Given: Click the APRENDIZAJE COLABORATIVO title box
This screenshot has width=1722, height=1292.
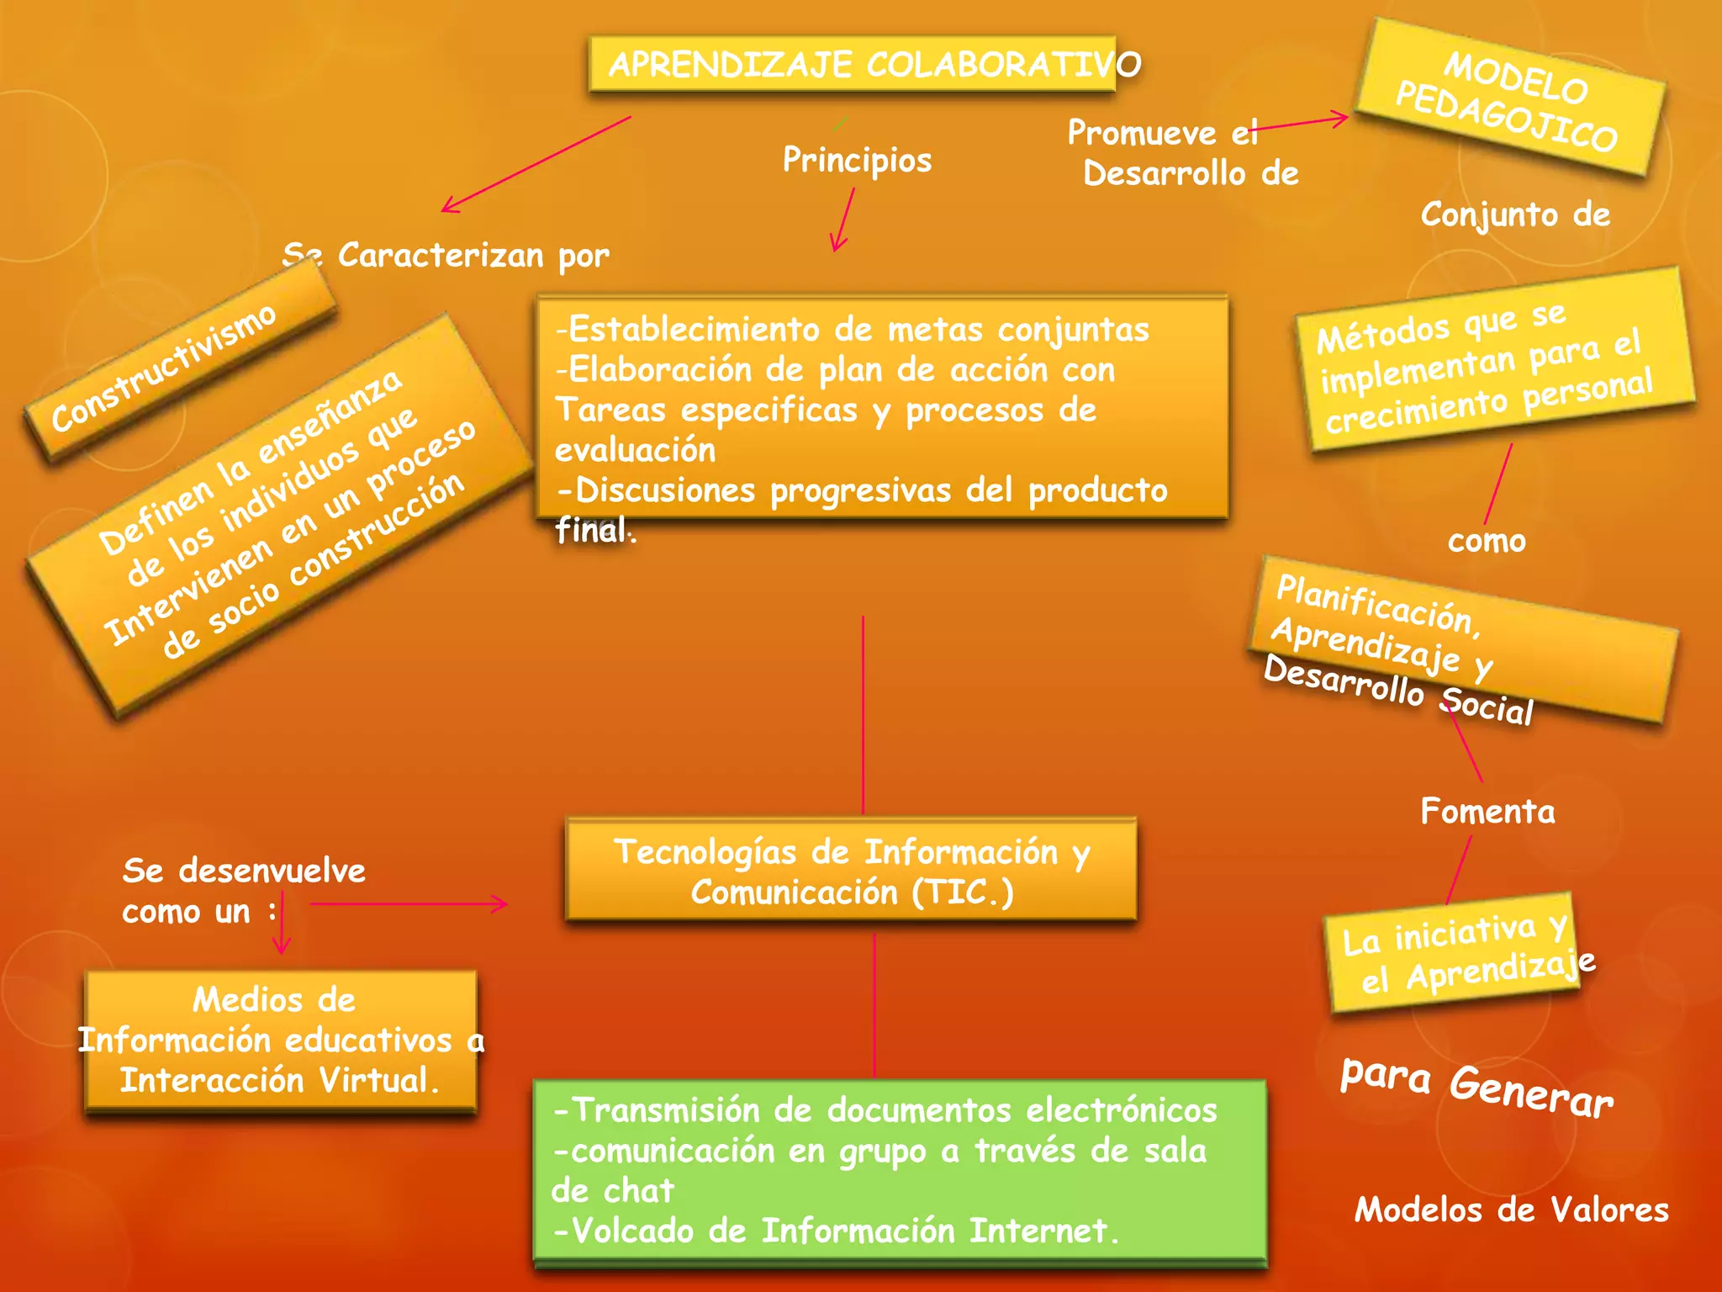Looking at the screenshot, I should coord(852,64).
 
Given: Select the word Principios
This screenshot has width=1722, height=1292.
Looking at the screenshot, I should coord(857,160).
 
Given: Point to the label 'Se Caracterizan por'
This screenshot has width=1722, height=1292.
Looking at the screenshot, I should coord(446,255).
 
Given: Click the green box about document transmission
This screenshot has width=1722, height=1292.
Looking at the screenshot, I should coord(900,1171).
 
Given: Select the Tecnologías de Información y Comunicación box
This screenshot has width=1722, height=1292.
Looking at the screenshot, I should coord(851,871).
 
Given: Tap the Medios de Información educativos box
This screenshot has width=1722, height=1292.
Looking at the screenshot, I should coord(281,1040).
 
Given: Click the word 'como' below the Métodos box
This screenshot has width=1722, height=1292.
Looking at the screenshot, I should coord(1486,541).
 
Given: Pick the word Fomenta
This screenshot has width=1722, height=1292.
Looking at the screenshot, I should coord(1487,812).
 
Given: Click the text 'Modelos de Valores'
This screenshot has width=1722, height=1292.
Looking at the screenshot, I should coord(1511,1210).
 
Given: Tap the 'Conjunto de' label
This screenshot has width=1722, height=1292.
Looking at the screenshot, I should coord(1515,214).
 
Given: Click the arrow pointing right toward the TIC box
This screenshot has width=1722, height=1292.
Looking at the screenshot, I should coord(409,904).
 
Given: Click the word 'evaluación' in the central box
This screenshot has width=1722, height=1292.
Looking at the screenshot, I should coord(636,450).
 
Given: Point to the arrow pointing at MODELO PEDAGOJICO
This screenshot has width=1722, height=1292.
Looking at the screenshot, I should coord(1299,124).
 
